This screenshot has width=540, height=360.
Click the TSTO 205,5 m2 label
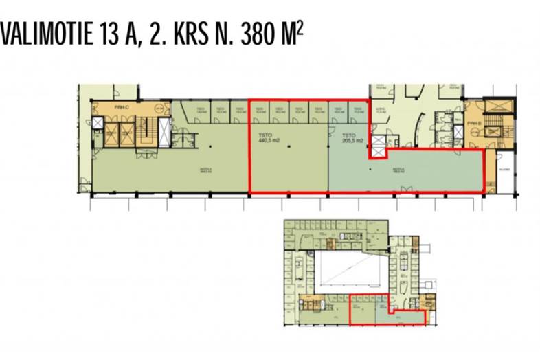[350, 138]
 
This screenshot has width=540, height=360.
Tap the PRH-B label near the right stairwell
[473, 124]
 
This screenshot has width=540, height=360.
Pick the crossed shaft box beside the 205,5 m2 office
[379, 145]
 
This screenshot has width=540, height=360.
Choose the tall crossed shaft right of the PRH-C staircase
[165, 131]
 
